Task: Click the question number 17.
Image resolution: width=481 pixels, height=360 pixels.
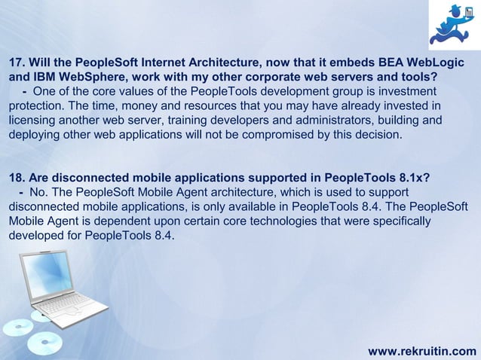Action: (x=17, y=61)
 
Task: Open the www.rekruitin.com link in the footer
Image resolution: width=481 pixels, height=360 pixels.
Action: (x=421, y=350)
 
